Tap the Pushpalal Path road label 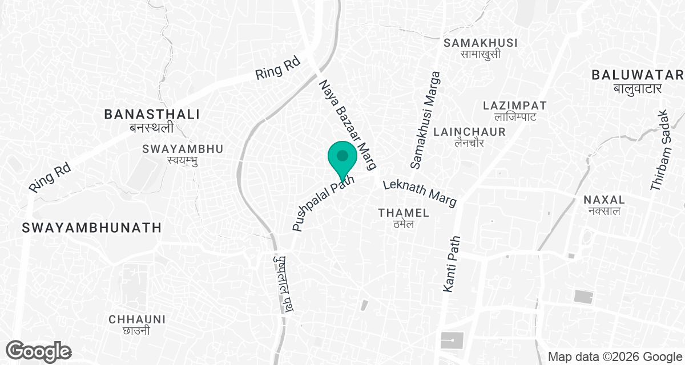pos(323,203)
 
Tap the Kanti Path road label pos(451,265)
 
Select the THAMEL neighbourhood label pos(404,213)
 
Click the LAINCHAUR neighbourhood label pos(470,132)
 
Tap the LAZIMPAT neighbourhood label pos(515,106)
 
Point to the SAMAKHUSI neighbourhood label pos(481,43)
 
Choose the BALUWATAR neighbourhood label pos(638,75)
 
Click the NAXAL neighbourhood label pos(605,200)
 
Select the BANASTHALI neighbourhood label pos(152,115)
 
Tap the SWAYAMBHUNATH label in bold pos(91,228)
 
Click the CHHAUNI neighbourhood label pos(137,319)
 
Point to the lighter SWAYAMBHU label pos(183,149)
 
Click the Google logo pos(39,350)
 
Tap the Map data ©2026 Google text pos(614,357)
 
